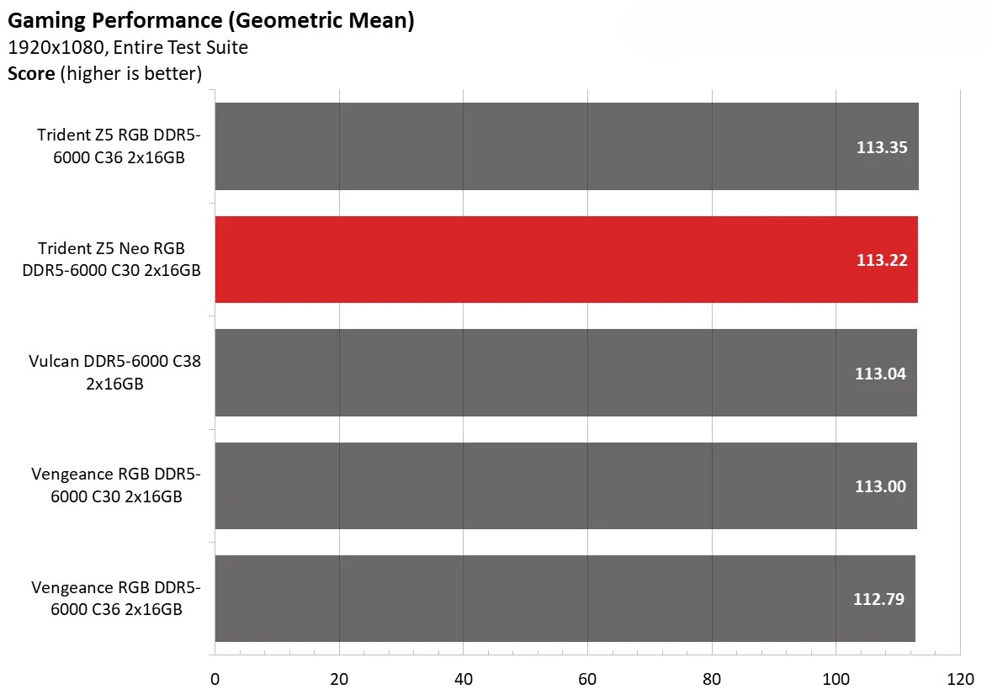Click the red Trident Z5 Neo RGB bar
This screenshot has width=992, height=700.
click(x=565, y=259)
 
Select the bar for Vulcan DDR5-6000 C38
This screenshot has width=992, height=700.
click(x=565, y=373)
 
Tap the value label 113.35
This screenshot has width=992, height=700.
click(x=882, y=147)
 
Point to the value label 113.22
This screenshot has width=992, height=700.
click(x=882, y=260)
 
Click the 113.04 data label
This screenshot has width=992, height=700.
click(x=880, y=374)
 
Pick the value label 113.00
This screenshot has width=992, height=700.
click(x=880, y=486)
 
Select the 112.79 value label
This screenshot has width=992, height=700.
click(x=879, y=599)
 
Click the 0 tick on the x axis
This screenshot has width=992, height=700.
click(x=215, y=679)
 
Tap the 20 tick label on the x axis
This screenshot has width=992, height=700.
click(x=339, y=679)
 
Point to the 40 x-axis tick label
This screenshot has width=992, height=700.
click(x=463, y=679)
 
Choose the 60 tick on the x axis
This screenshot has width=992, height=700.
click(x=587, y=679)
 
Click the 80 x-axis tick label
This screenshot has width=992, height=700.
click(x=712, y=679)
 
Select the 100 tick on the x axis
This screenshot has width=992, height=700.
click(x=836, y=679)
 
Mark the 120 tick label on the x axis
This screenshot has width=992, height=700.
click(x=960, y=679)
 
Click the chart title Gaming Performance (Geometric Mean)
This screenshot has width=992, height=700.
click(x=211, y=20)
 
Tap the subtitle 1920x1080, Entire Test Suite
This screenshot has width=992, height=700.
click(x=128, y=47)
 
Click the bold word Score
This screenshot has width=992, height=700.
click(x=31, y=73)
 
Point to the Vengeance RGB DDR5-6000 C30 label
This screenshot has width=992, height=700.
click(x=116, y=485)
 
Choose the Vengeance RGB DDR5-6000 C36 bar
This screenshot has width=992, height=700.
click(x=565, y=598)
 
